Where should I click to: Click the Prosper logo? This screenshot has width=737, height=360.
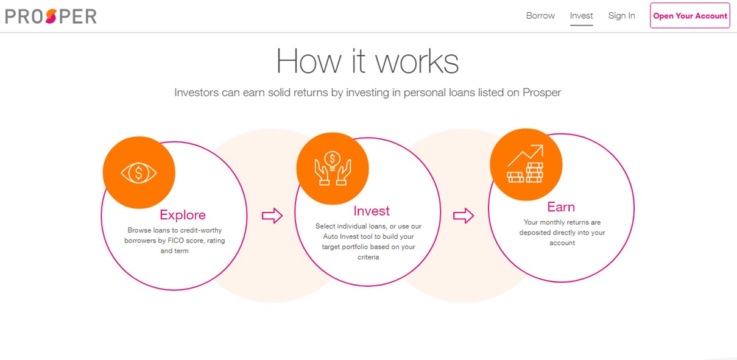click(x=51, y=16)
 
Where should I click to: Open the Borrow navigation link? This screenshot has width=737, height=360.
click(x=540, y=16)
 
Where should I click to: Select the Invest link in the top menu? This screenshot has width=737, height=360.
click(x=581, y=16)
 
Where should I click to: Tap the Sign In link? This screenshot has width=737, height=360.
click(x=621, y=16)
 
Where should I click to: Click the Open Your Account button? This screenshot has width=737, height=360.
click(x=690, y=16)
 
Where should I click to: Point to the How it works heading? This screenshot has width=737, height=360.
click(x=367, y=61)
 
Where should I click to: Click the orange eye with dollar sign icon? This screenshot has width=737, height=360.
click(x=139, y=173)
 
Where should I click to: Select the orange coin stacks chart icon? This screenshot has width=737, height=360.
click(x=526, y=164)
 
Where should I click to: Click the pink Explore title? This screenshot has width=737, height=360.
click(x=182, y=215)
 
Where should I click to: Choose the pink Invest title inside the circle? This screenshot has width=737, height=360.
click(x=371, y=211)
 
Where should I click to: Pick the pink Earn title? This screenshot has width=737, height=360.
click(x=560, y=207)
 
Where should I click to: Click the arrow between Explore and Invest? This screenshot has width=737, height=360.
click(x=272, y=216)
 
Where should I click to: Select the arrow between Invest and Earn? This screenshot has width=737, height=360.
click(x=464, y=216)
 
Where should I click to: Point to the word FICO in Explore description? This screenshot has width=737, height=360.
click(x=179, y=241)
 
